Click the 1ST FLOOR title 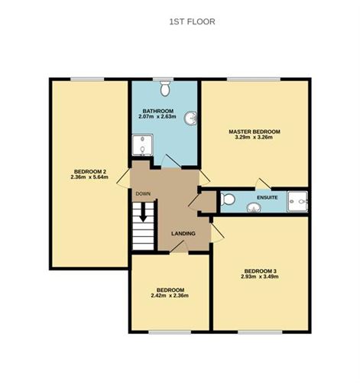(x=193, y=21)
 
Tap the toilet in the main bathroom (x=165, y=89)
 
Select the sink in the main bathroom (x=191, y=118)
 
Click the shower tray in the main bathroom (x=143, y=145)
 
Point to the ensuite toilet (x=228, y=199)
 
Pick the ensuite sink (x=254, y=208)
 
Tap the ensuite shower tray (x=297, y=202)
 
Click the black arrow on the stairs (x=143, y=213)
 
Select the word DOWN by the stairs (x=143, y=193)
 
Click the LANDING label (x=183, y=233)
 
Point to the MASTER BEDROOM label (x=255, y=131)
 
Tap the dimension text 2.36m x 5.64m (x=89, y=177)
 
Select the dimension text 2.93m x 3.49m (x=260, y=277)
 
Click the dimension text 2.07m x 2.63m (x=157, y=117)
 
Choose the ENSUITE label (x=268, y=197)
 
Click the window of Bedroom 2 (x=87, y=80)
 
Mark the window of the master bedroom (x=254, y=80)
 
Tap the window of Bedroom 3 (x=261, y=332)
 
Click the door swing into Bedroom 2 (x=123, y=178)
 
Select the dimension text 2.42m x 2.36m (x=170, y=296)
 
